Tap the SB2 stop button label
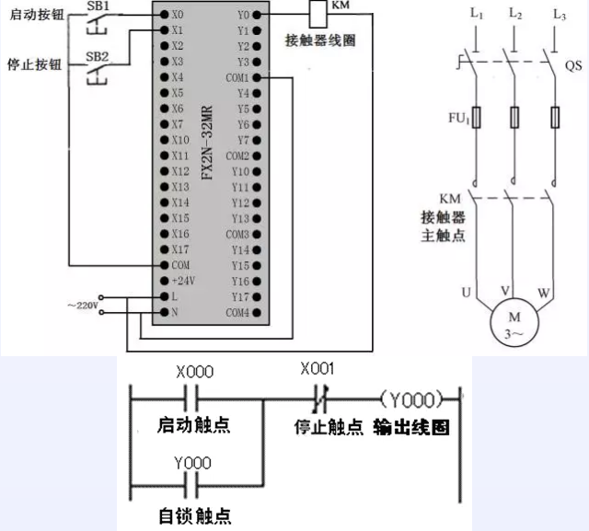coord(97,56)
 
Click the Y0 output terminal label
coord(243,15)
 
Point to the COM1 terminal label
coord(237,77)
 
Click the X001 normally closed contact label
coord(318,369)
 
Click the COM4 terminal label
coord(237,312)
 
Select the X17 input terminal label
coord(180,248)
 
